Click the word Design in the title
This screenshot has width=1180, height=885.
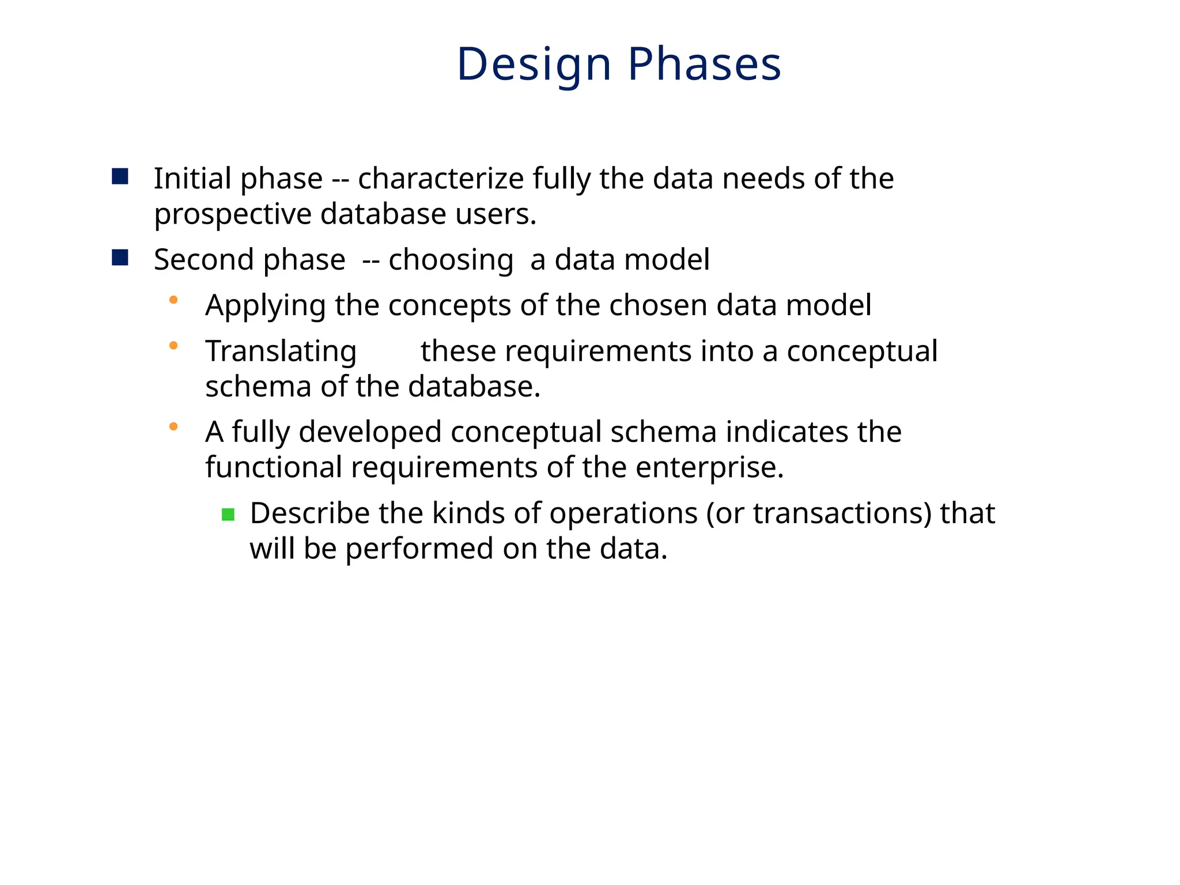[534, 65]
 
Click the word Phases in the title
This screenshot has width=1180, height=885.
[704, 65]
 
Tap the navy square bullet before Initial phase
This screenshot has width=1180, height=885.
[120, 176]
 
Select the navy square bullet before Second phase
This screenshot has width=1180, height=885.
[120, 258]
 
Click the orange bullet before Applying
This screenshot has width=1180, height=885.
[173, 300]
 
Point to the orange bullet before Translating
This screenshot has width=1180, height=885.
[173, 346]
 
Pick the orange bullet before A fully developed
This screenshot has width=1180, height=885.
[173, 427]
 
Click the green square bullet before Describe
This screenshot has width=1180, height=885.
[228, 515]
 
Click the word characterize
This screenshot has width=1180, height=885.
[440, 179]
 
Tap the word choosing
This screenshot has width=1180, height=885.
[451, 260]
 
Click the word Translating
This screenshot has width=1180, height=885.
[281, 351]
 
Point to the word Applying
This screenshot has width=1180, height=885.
[266, 306]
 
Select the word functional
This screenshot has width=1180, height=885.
[274, 467]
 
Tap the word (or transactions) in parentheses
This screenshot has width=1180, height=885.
[819, 513]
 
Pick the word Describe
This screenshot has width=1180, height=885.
[309, 513]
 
